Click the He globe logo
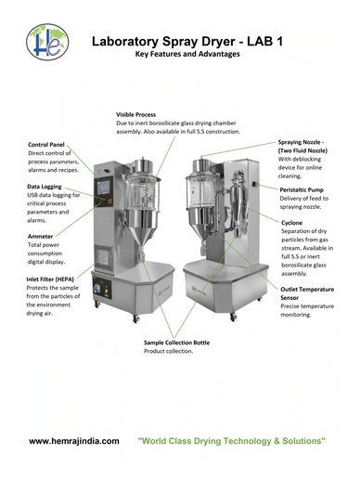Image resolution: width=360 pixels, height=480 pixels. point(47,42)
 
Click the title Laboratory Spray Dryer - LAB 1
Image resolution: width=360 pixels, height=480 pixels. point(187,42)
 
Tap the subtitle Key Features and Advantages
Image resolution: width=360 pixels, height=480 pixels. point(187,54)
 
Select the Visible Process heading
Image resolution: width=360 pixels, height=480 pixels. point(136,114)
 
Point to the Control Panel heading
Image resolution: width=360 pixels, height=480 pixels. point(46,145)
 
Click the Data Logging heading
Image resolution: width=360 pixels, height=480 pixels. point(45,187)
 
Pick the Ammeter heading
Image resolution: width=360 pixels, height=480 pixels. point(40,237)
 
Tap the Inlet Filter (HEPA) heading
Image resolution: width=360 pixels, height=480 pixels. point(50,279)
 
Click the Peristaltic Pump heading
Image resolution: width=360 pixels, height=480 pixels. point(302,189)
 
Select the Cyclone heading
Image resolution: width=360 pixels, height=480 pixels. point(292,223)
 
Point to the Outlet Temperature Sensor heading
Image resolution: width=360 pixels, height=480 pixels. point(307,293)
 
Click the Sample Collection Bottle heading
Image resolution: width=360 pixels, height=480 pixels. point(177,343)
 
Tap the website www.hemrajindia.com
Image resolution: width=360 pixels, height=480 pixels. point(74,441)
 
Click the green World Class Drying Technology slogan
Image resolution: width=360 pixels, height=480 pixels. point(232,441)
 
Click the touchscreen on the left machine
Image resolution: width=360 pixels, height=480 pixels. point(103,188)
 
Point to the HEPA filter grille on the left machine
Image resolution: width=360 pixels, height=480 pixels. point(102,256)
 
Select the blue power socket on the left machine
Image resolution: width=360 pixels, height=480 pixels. point(96,289)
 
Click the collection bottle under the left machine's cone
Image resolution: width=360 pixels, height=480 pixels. point(141,254)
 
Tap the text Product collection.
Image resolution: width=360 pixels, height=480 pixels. point(169,351)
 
